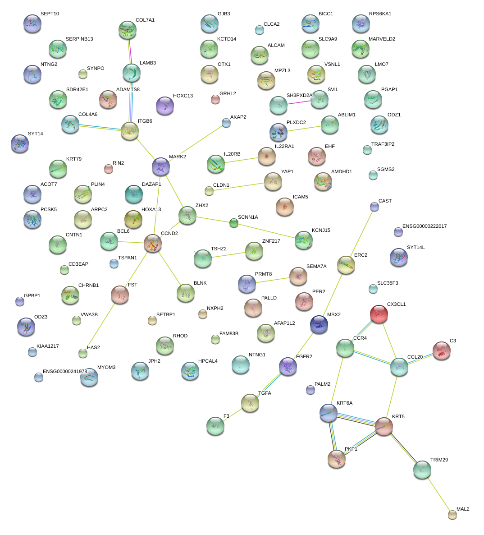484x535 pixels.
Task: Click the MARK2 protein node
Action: [x=161, y=166]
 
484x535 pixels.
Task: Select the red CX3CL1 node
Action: [x=379, y=314]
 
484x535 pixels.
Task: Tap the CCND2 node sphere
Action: [x=153, y=243]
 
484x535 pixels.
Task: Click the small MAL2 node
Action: [x=452, y=514]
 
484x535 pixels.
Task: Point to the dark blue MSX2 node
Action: [x=319, y=324]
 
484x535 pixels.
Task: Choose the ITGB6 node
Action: [x=130, y=130]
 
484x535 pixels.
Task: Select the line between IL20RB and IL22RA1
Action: [x=241, y=160]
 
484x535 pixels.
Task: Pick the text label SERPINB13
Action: [x=79, y=39]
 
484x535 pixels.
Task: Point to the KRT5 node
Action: [x=384, y=426]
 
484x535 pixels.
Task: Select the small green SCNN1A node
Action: [x=233, y=222]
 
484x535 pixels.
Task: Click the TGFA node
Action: [x=250, y=403]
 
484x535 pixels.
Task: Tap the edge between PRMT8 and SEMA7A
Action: [x=272, y=280]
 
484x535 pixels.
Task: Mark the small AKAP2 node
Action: [x=226, y=123]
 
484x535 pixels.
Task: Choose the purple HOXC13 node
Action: [x=164, y=106]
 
